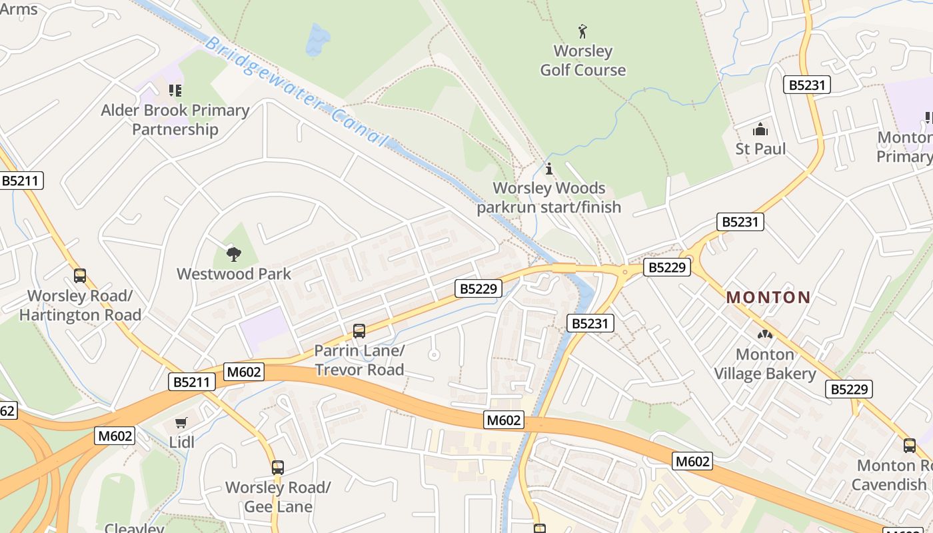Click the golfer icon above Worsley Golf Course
(x=582, y=31)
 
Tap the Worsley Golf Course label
(x=582, y=61)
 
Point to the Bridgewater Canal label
(x=296, y=92)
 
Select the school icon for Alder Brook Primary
(x=175, y=91)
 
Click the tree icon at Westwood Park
(x=233, y=253)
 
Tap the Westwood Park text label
(x=233, y=274)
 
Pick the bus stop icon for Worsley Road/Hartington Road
(x=80, y=275)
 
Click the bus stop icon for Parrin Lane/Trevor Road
(x=359, y=330)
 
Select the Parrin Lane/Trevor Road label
(x=359, y=360)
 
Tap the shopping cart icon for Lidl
(x=181, y=422)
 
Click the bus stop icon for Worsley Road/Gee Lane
(x=278, y=468)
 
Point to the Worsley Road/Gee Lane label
(x=278, y=497)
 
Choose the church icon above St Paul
(x=760, y=129)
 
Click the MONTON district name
(x=768, y=297)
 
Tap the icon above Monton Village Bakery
(x=764, y=334)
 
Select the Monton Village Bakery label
(x=764, y=364)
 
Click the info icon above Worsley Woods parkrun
(x=549, y=169)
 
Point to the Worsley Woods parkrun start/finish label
(x=549, y=198)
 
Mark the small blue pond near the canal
(x=318, y=40)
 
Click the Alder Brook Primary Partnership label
(x=175, y=120)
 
